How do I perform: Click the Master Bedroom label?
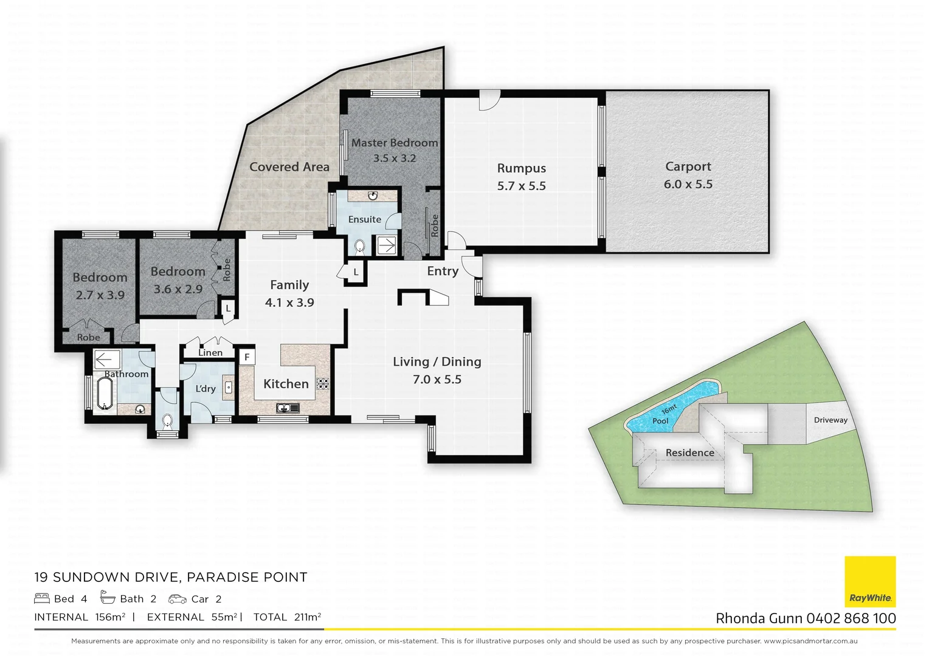point(394,143)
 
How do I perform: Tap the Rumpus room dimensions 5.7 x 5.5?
point(521,186)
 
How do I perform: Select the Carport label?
point(688,166)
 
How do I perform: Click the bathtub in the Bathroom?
point(105,394)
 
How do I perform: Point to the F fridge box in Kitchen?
point(247,357)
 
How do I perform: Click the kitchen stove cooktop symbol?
point(323,383)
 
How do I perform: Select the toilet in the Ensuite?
point(359,246)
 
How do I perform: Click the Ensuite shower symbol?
point(386,246)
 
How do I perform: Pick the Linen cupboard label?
point(210,352)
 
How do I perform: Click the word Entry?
point(443,272)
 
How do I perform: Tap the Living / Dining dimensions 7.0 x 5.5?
point(437,380)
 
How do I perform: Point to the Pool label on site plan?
point(660,421)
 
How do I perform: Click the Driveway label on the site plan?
point(831,420)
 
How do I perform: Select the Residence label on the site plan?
point(689,453)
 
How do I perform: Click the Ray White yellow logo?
point(870,581)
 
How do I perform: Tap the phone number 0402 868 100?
point(851,618)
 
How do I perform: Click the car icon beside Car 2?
point(178,599)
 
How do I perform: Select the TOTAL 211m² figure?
point(287,617)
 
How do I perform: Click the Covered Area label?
point(289,167)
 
